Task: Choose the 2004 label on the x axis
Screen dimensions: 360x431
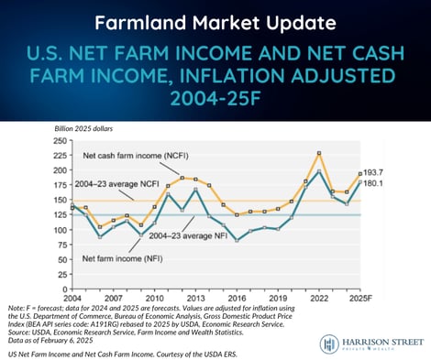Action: [x=72, y=299]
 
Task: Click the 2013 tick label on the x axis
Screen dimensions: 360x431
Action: [x=195, y=299]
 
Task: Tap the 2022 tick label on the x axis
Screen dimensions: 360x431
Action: [x=318, y=299]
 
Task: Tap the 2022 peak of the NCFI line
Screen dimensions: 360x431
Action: [x=318, y=152]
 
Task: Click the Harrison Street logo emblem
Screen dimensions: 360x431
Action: [x=332, y=344]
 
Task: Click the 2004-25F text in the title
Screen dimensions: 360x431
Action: [x=215, y=96]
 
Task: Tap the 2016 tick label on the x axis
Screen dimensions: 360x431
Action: [x=237, y=299]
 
